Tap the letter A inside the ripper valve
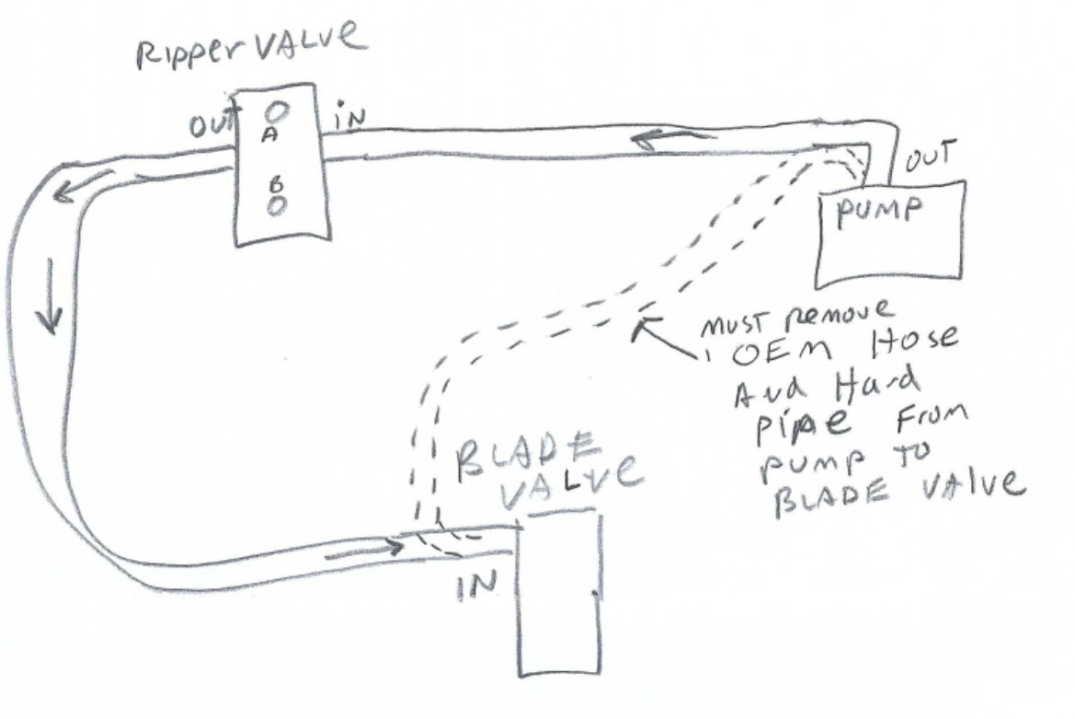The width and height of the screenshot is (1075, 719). pos(270,135)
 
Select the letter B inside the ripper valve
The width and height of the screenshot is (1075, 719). pos(275,183)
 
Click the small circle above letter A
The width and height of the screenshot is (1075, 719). pos(277,109)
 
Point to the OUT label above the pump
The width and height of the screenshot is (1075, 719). pos(930,157)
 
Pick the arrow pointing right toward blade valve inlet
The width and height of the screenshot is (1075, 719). pos(363,549)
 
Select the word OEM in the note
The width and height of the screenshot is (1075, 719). pos(783,353)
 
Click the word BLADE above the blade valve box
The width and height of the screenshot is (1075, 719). pos(528,457)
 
